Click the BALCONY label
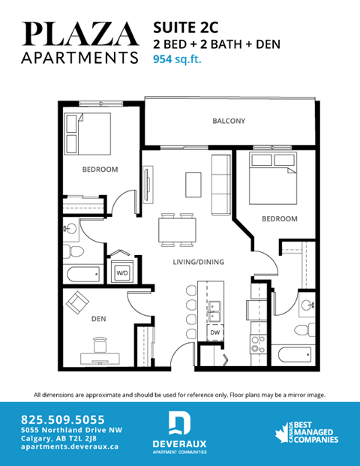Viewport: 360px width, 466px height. coord(228,121)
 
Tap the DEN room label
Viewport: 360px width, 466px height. coord(98,318)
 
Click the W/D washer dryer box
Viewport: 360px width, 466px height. coord(121,273)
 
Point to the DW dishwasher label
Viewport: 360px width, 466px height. coord(214,332)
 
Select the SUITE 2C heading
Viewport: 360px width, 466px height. coord(186,27)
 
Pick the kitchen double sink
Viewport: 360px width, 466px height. coord(214,308)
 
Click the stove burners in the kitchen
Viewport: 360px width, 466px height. coord(259,346)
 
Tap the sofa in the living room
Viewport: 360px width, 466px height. coord(220,183)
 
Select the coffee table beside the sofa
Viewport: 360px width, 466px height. coord(193,182)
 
